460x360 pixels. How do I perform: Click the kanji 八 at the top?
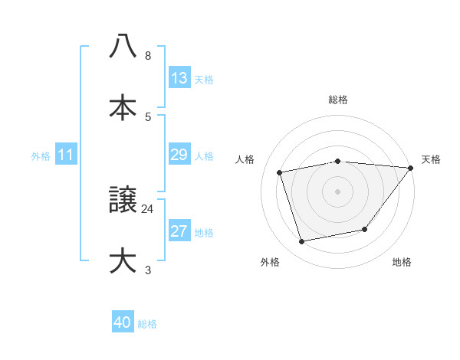tap(123, 46)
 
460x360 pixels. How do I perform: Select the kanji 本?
tap(123, 107)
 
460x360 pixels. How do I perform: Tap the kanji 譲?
tap(123, 200)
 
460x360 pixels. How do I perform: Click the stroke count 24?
tap(148, 208)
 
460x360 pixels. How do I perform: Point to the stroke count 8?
tap(148, 56)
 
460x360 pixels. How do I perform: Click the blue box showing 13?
tap(179, 77)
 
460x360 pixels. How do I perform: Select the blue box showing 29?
tap(179, 155)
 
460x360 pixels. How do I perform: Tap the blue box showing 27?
tap(179, 231)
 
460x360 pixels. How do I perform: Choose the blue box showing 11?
tap(66, 155)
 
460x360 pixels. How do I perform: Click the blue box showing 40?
tap(123, 322)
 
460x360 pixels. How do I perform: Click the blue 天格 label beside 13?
tap(204, 79)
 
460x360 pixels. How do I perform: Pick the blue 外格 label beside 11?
tap(41, 155)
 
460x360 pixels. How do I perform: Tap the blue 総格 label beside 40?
tap(147, 324)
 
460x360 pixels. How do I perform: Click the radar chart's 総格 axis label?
tap(338, 100)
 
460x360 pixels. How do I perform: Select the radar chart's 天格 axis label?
tap(431, 159)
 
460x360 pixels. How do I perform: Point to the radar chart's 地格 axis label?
tap(402, 262)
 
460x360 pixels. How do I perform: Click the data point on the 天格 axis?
tap(411, 168)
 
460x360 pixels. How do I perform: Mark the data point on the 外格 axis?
tap(302, 242)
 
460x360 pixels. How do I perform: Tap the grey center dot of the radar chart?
tap(338, 191)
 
